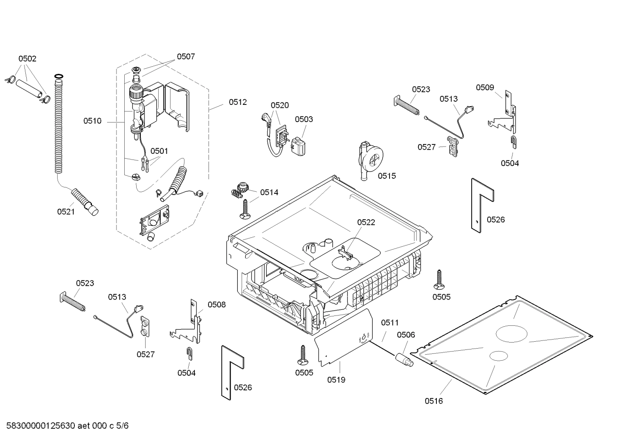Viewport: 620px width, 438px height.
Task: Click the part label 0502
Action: pyautogui.click(x=27, y=59)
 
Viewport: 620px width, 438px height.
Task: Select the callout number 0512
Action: pyautogui.click(x=238, y=102)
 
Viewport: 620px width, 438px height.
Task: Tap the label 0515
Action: pyautogui.click(x=387, y=176)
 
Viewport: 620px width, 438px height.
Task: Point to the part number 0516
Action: pyautogui.click(x=434, y=401)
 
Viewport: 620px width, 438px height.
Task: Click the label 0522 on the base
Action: pyautogui.click(x=366, y=222)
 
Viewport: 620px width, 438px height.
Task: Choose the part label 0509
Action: pyautogui.click(x=485, y=88)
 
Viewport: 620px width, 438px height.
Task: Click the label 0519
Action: pyautogui.click(x=336, y=380)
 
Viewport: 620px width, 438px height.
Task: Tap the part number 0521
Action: pyautogui.click(x=66, y=211)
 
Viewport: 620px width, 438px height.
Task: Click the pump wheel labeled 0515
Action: pyautogui.click(x=370, y=161)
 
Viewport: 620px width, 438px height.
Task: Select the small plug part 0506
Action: pyautogui.click(x=405, y=358)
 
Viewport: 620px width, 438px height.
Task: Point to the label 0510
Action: pyautogui.click(x=92, y=121)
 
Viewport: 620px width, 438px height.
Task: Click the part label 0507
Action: pyautogui.click(x=186, y=56)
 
